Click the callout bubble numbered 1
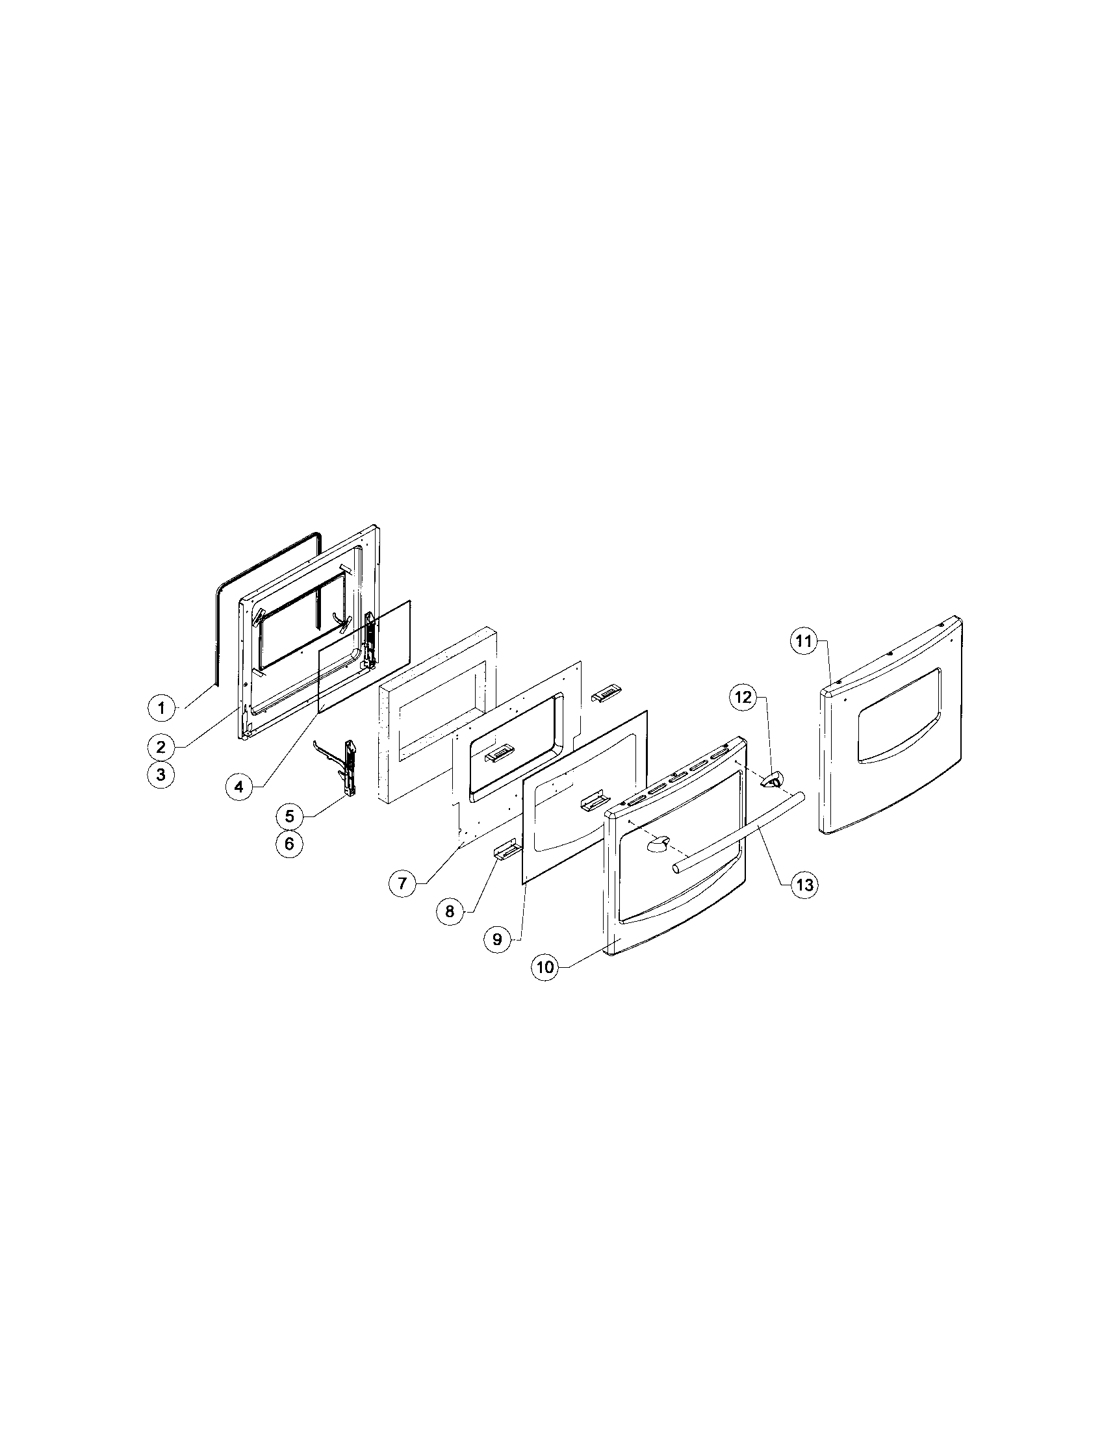pyautogui.click(x=161, y=707)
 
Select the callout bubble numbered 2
pyautogui.click(x=161, y=745)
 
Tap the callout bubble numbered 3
pyautogui.click(x=161, y=776)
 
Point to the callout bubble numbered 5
pyautogui.click(x=289, y=816)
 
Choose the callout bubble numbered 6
pyautogui.click(x=289, y=844)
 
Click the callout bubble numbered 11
pyautogui.click(x=804, y=641)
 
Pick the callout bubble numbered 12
pyautogui.click(x=744, y=698)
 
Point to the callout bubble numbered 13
pyautogui.click(x=804, y=885)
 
